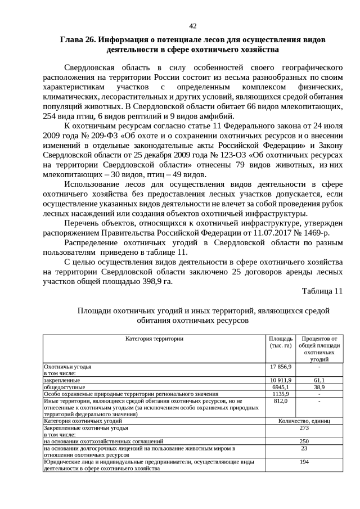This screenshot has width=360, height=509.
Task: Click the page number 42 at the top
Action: click(192, 26)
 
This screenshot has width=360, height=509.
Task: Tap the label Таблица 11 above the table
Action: click(322, 291)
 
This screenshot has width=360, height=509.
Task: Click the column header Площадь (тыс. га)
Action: click(281, 342)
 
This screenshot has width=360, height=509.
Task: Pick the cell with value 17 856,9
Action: click(281, 366)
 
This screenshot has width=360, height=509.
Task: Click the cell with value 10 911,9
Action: click(281, 380)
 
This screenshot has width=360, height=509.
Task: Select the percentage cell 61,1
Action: click(319, 380)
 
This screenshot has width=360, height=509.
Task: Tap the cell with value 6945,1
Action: click(281, 387)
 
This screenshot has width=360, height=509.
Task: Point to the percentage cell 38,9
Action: click(319, 387)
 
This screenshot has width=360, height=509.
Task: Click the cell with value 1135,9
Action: click(281, 394)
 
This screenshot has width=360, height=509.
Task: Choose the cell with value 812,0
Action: click(281, 401)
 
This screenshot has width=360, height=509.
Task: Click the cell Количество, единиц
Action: click(304, 421)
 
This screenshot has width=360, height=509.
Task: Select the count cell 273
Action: click(304, 427)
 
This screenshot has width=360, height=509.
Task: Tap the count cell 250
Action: click(304, 442)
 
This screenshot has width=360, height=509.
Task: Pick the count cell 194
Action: click(304, 462)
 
